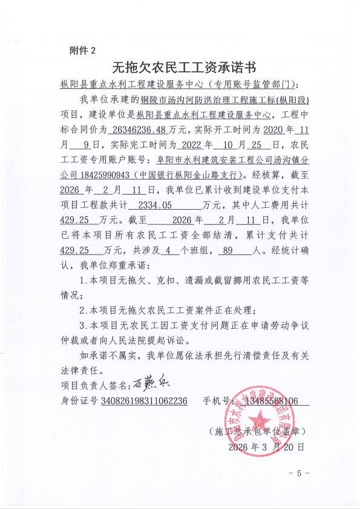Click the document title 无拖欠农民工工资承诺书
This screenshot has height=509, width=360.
pos(180,66)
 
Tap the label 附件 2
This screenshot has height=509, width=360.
pos(82,50)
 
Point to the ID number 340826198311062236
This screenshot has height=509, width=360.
pos(144,401)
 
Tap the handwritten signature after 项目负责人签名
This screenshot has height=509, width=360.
pos(145,384)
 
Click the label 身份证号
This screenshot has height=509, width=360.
pos(79,401)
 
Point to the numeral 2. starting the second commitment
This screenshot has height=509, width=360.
pos(83,311)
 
